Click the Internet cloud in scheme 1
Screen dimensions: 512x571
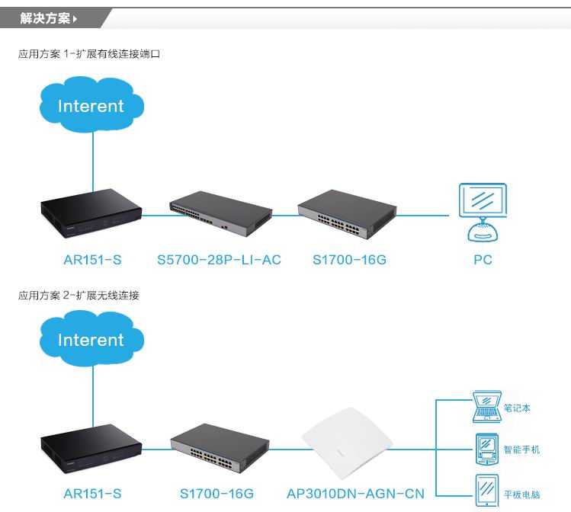pos(91,105)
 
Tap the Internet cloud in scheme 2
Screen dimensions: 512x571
pos(91,339)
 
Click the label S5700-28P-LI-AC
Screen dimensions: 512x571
pos(219,260)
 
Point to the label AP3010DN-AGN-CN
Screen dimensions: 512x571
pos(355,494)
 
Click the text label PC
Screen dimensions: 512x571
pos(483,260)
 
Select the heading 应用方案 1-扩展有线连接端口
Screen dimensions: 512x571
pos(89,54)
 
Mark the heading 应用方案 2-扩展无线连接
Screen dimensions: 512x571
pos(79,295)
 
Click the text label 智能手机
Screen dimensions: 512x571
pos(521,450)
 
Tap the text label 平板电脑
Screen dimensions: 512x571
pos(521,494)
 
